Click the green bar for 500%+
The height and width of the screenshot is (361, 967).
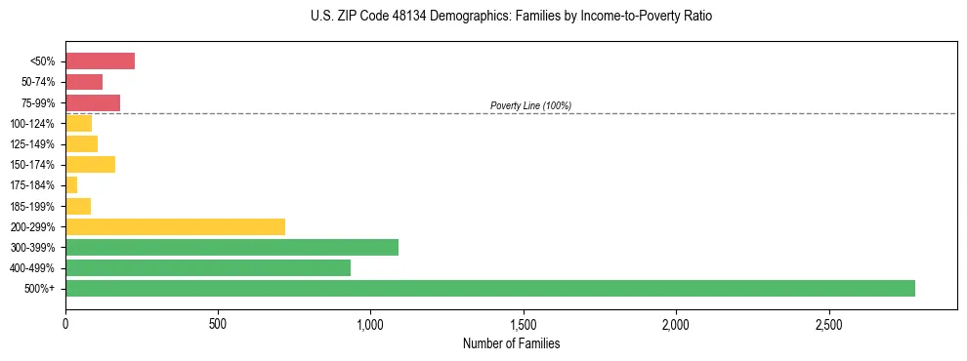coord(489,288)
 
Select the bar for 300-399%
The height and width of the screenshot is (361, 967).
coord(231,247)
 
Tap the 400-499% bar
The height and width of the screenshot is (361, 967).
coord(207,267)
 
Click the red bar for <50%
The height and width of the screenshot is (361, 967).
coord(100,61)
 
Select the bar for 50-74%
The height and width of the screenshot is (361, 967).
coord(84,82)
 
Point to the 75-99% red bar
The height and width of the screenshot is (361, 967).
coord(93,102)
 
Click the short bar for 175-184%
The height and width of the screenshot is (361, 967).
coord(71,184)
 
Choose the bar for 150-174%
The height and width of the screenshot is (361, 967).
coord(90,164)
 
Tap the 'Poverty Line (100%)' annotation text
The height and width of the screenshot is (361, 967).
coord(530,105)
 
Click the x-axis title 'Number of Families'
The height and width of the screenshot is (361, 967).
coord(511,343)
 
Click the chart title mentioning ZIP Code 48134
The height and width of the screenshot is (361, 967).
coord(511,17)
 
